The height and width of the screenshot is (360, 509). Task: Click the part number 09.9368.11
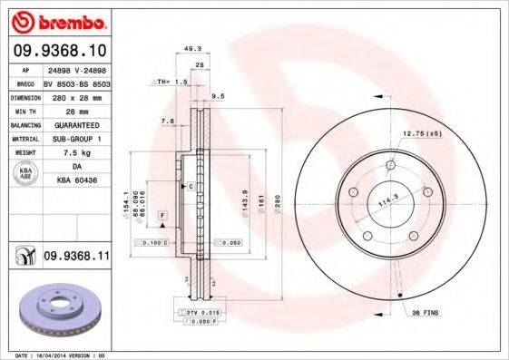[76, 258]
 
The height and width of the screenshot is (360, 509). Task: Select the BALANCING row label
[24, 124]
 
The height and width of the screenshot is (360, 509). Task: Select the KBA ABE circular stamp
[24, 175]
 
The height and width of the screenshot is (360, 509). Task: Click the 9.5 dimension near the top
[218, 94]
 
